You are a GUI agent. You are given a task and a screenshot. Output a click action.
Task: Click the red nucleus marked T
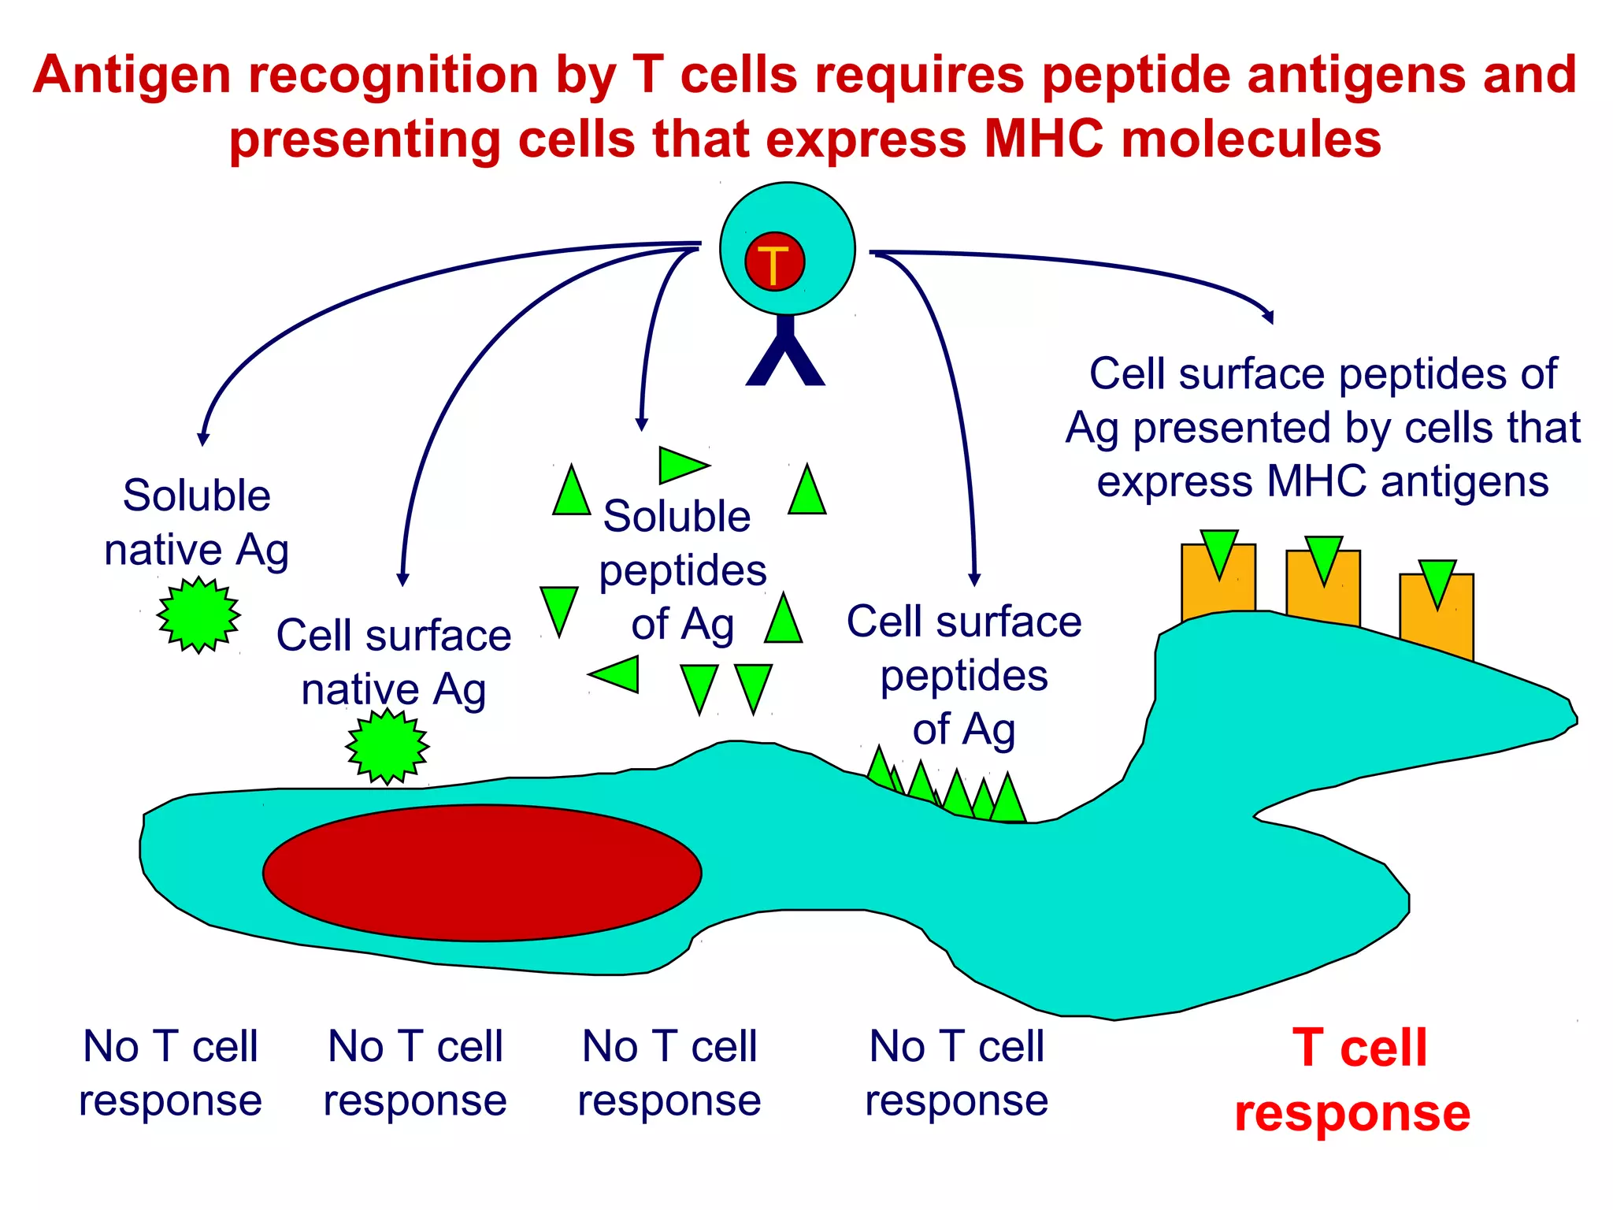774,262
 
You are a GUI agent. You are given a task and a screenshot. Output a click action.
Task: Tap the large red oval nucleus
482,873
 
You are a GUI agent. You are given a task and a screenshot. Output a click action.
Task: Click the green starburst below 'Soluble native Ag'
198,615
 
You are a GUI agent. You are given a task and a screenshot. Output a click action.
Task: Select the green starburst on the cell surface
387,747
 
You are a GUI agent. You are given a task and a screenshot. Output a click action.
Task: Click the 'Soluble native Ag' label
196,522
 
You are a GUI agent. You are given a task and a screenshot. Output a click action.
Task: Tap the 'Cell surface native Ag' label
393,662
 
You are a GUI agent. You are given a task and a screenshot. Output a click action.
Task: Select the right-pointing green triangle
681,465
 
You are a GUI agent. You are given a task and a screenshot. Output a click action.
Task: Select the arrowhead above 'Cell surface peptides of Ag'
974,580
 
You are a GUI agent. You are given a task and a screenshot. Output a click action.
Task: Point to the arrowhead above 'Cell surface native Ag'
402,579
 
